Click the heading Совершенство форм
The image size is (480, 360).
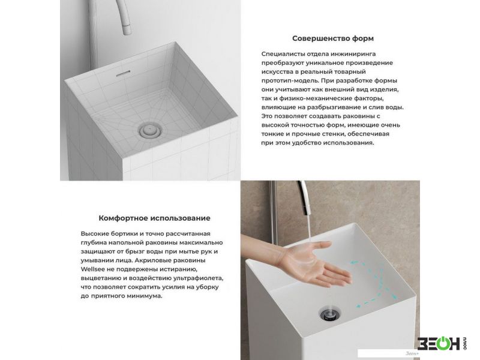click(333, 38)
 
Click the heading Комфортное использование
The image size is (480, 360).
click(154, 218)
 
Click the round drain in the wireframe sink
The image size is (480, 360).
click(151, 131)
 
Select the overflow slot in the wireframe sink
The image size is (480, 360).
click(124, 73)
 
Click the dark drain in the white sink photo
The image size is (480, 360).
click(329, 314)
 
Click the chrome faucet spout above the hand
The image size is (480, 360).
click(305, 197)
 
